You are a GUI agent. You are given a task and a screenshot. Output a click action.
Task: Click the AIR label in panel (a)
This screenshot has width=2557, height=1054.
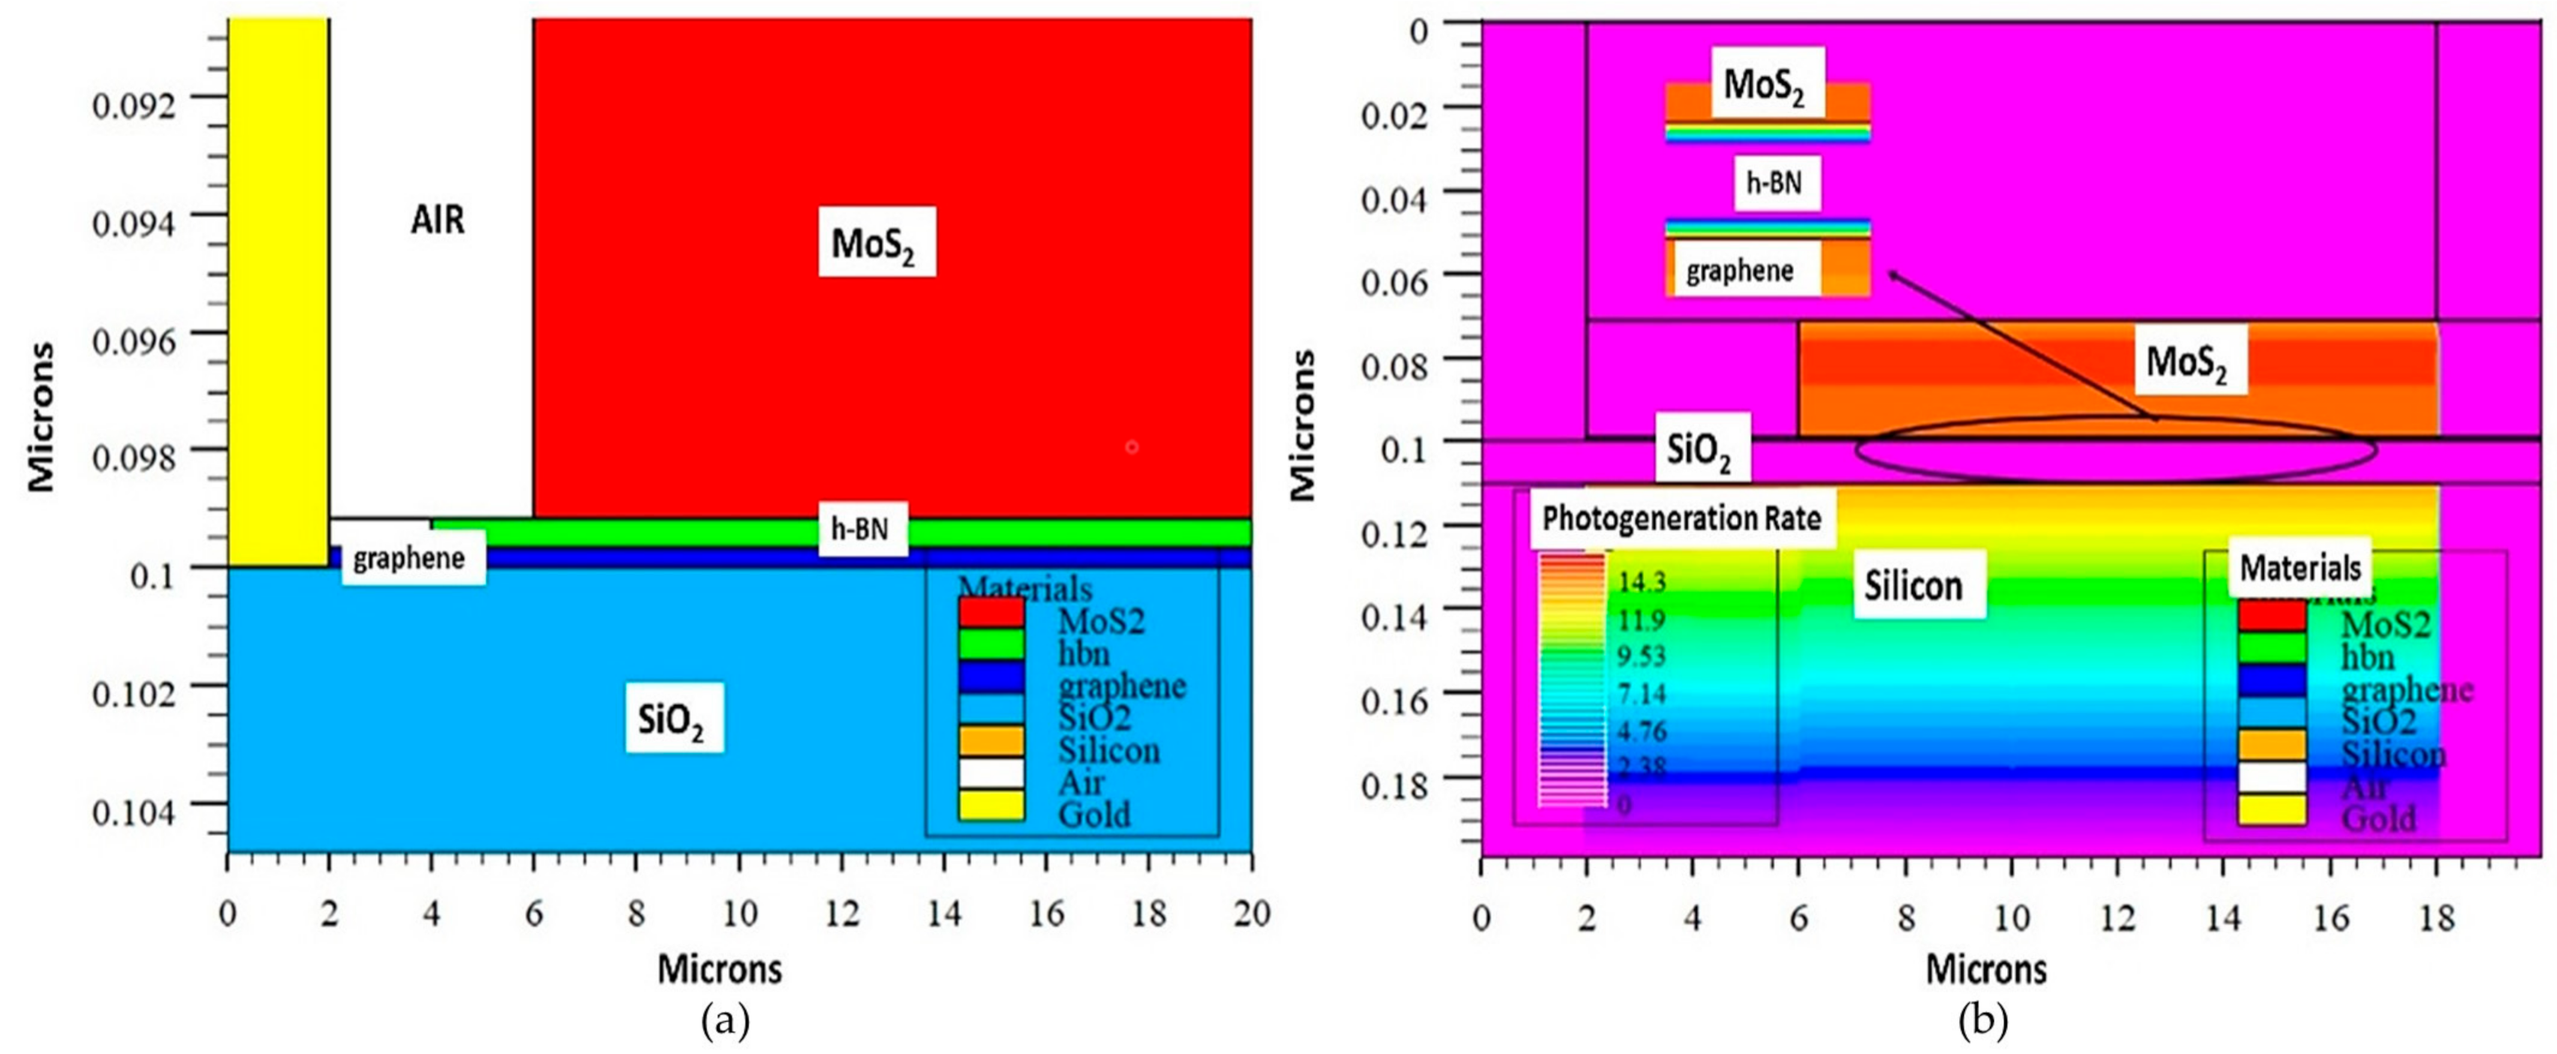tap(437, 219)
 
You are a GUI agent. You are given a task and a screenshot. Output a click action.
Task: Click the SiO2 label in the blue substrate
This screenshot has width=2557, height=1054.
tap(673, 718)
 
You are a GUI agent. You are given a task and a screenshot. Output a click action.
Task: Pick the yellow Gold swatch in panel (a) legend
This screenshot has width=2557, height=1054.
tap(990, 806)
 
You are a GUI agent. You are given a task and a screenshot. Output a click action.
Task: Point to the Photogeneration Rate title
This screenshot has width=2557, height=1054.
tap(1681, 519)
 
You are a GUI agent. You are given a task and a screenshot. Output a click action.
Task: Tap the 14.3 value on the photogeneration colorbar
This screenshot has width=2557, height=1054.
tap(1641, 581)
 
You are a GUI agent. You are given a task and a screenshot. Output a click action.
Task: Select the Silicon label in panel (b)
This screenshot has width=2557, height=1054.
tap(1912, 586)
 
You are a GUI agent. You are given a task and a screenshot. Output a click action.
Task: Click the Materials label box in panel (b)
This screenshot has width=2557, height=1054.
tap(2300, 569)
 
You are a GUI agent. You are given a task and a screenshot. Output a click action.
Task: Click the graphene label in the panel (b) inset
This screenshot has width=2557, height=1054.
tap(1740, 271)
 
